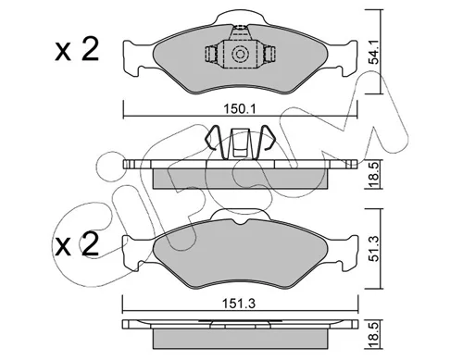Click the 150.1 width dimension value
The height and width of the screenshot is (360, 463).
240,109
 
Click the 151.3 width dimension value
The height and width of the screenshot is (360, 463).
240,304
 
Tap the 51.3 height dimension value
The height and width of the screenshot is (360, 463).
374,248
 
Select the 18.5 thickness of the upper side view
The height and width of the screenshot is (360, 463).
374,175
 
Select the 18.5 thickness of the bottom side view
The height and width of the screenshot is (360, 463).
374,334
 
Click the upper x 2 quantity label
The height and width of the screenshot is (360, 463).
77,49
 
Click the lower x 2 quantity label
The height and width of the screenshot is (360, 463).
77,244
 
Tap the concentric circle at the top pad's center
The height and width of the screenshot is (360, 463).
240,55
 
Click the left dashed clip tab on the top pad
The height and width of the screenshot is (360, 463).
211,55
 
